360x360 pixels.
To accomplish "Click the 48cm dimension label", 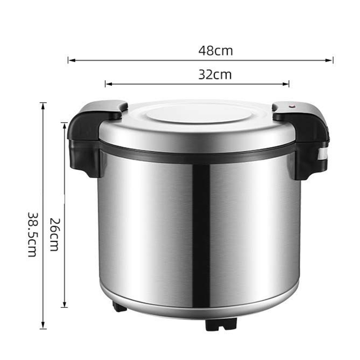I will pyautogui.click(x=216, y=51).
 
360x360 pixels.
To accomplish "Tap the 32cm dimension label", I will pyautogui.click(x=215, y=75).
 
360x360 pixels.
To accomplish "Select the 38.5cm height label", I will pyautogui.click(x=31, y=234).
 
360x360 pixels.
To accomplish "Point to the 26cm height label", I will pyautogui.click(x=54, y=234).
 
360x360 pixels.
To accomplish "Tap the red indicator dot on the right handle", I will pyautogui.click(x=291, y=107).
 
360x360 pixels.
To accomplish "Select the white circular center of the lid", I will pyautogui.click(x=198, y=115).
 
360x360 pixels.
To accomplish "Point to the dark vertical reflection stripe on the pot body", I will pyautogui.click(x=201, y=234).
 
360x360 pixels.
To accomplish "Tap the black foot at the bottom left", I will pyautogui.click(x=120, y=307).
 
